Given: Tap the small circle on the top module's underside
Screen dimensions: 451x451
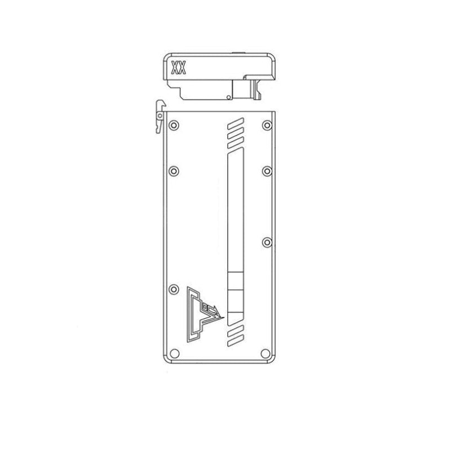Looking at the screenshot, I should pos(227,98).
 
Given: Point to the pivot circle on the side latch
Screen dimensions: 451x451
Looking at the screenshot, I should pos(161,116).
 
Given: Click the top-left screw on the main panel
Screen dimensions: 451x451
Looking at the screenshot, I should pos(174,124).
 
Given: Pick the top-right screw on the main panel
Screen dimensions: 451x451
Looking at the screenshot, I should pos(266,124).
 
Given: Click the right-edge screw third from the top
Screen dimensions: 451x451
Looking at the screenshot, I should pos(266,242).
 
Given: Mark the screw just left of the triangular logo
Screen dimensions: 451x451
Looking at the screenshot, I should pos(174,289).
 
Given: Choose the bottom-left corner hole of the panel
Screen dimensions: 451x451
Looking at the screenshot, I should pos(174,353).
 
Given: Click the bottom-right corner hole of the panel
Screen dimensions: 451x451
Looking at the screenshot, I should pos(266,353).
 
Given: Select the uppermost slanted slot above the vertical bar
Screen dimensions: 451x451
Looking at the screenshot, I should pos(235,122).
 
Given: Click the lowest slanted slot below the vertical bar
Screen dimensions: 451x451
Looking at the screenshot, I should pos(235,339).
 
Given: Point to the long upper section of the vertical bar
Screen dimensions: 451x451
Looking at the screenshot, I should pos(234,214).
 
